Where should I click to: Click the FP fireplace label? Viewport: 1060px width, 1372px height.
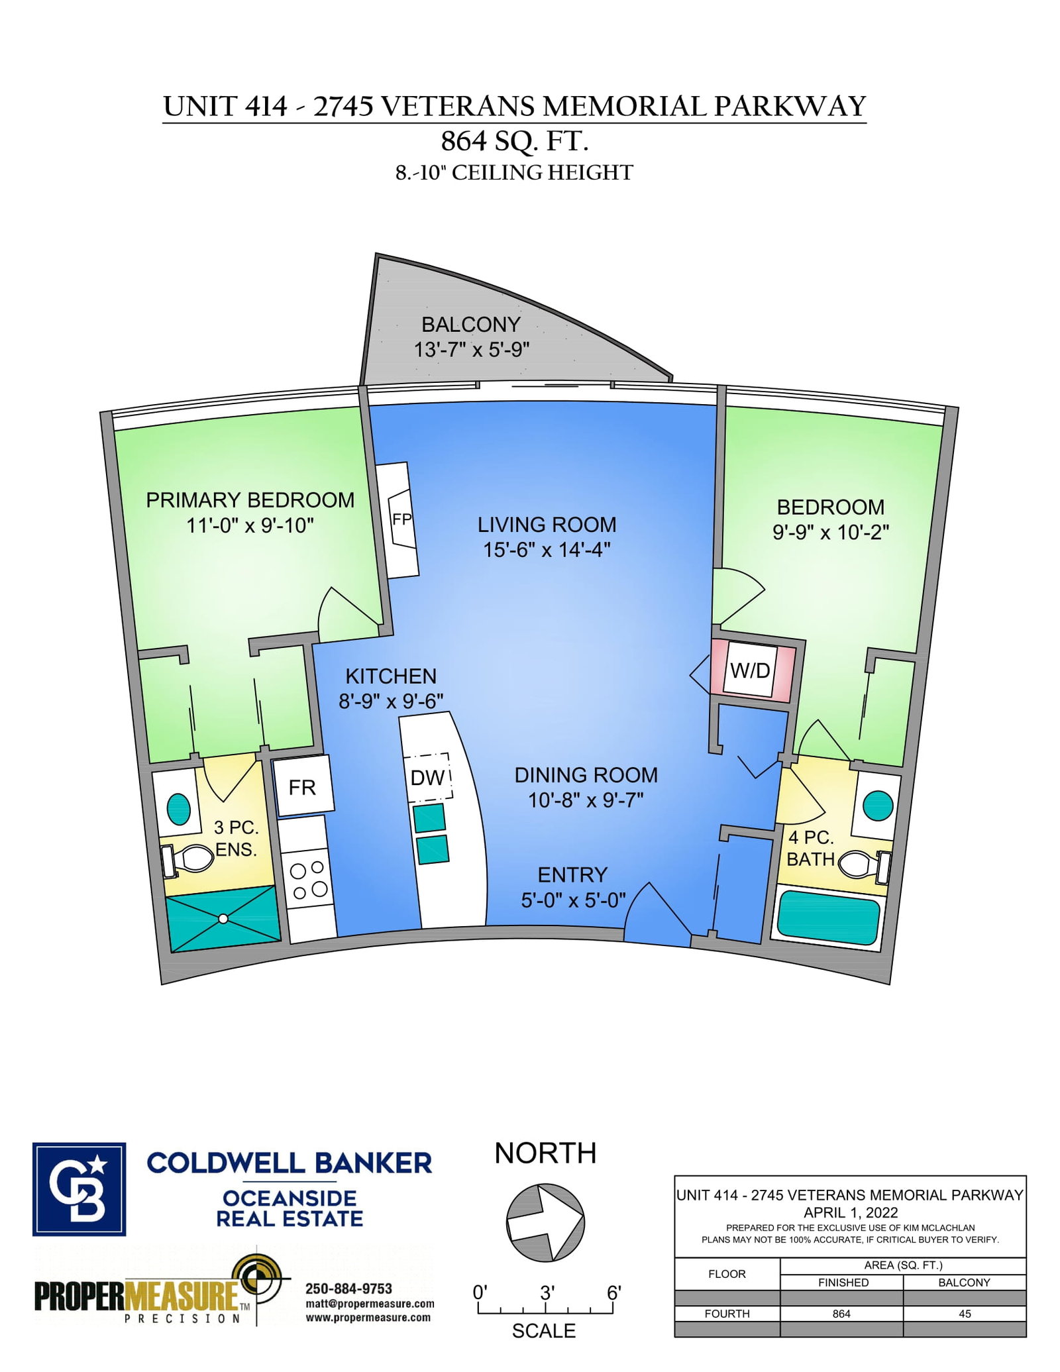pos(401,519)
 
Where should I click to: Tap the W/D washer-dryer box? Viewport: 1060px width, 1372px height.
pos(750,670)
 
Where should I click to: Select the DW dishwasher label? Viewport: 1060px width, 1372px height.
pos(427,777)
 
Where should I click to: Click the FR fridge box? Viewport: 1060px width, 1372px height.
pos(303,787)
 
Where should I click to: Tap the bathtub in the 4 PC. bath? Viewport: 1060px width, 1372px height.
pos(827,917)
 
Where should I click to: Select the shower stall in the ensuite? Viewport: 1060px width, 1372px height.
pos(223,918)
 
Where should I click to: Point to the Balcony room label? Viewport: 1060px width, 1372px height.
pos(471,325)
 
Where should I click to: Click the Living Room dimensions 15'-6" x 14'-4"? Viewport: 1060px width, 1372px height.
pos(547,550)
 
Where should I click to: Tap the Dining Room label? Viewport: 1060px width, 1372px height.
pos(586,775)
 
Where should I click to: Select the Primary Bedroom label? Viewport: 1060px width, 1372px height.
pos(250,500)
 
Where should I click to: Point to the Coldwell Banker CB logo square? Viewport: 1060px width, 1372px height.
pos(79,1189)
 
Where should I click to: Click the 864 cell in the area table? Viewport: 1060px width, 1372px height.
pos(841,1313)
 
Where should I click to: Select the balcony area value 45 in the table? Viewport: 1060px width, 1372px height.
pos(965,1313)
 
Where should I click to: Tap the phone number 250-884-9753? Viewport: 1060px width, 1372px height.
pos(348,1289)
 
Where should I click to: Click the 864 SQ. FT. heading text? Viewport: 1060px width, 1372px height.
pos(515,141)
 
